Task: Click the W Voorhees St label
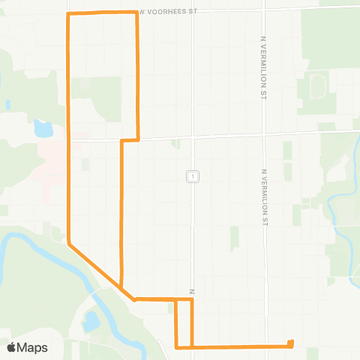click(169, 12)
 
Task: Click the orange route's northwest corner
click(69, 14)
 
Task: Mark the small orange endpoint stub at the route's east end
click(290, 343)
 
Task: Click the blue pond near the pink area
click(43, 128)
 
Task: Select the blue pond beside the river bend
click(91, 322)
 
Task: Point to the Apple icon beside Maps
click(11, 347)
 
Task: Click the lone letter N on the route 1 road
click(193, 291)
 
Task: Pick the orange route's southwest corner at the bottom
click(176, 346)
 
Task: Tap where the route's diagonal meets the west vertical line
click(69, 244)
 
